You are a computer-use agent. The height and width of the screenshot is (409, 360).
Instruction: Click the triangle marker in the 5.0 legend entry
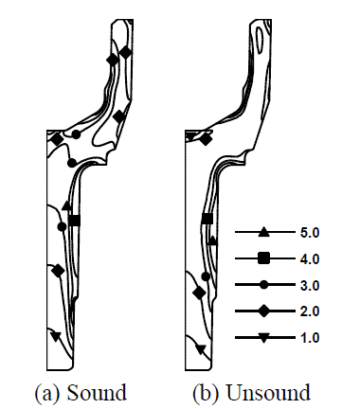(x=263, y=233)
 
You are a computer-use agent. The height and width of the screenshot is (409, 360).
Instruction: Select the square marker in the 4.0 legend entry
(x=263, y=258)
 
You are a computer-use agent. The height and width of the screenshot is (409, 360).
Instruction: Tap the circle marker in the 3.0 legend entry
(x=264, y=285)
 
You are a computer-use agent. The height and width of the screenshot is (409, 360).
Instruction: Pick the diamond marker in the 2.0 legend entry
(x=264, y=311)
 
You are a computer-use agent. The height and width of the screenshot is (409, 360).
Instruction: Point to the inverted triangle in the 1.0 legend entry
(x=264, y=338)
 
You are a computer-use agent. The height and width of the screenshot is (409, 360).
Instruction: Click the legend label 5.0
(x=310, y=233)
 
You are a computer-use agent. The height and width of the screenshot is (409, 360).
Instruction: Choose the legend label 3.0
(x=310, y=285)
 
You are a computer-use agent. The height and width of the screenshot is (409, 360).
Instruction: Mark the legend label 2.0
(x=310, y=311)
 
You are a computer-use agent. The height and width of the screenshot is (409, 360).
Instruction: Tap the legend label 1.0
(x=310, y=338)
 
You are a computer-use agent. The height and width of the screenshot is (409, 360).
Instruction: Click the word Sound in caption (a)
(x=97, y=393)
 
